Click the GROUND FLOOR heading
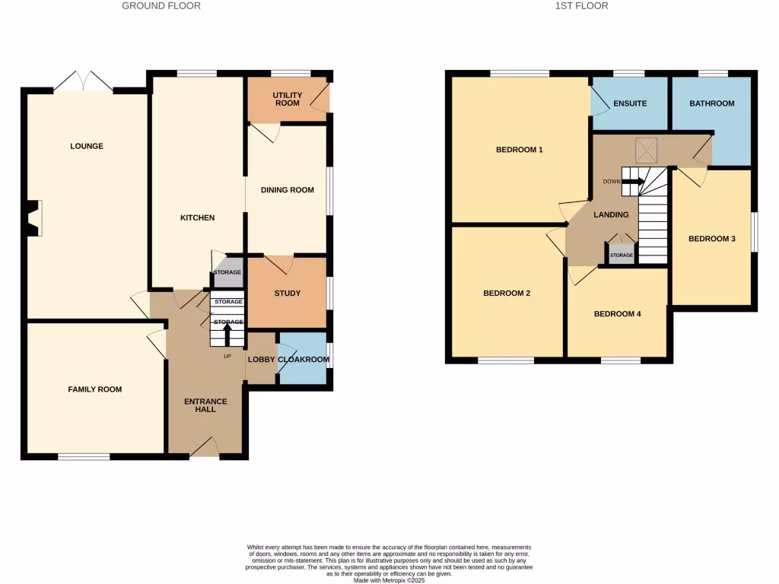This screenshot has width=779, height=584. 161,6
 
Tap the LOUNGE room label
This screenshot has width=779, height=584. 87,146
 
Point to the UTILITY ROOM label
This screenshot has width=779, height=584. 288,99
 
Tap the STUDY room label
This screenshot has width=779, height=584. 288,294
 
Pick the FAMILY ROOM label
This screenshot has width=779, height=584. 95,389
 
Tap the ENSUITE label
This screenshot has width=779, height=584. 630,103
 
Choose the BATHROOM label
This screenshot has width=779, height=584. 712,103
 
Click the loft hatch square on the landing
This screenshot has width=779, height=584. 647,151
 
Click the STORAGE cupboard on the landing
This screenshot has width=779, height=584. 622,254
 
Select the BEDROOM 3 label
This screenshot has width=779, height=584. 712,239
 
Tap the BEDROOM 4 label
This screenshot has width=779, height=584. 618,313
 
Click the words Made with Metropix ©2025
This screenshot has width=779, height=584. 389,579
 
